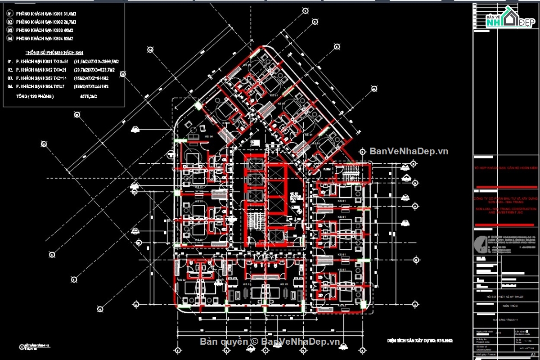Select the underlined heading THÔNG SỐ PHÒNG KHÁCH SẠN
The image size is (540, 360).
pos(54,52)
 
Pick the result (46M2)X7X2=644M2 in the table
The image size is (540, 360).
pos(94,78)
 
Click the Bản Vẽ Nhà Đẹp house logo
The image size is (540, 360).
pos(507,20)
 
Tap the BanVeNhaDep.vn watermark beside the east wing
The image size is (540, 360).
pos(409,151)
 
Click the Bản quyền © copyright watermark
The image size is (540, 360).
pos(270,342)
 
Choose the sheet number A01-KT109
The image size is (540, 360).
pos(526,348)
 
